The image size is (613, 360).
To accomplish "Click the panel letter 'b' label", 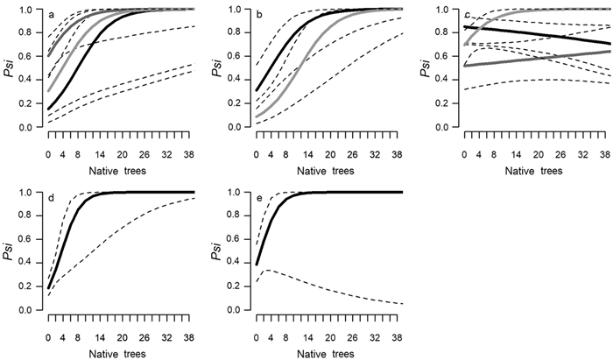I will pyautogui.click(x=261, y=15).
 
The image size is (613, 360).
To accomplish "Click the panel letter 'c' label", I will pyautogui.click(x=468, y=15).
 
